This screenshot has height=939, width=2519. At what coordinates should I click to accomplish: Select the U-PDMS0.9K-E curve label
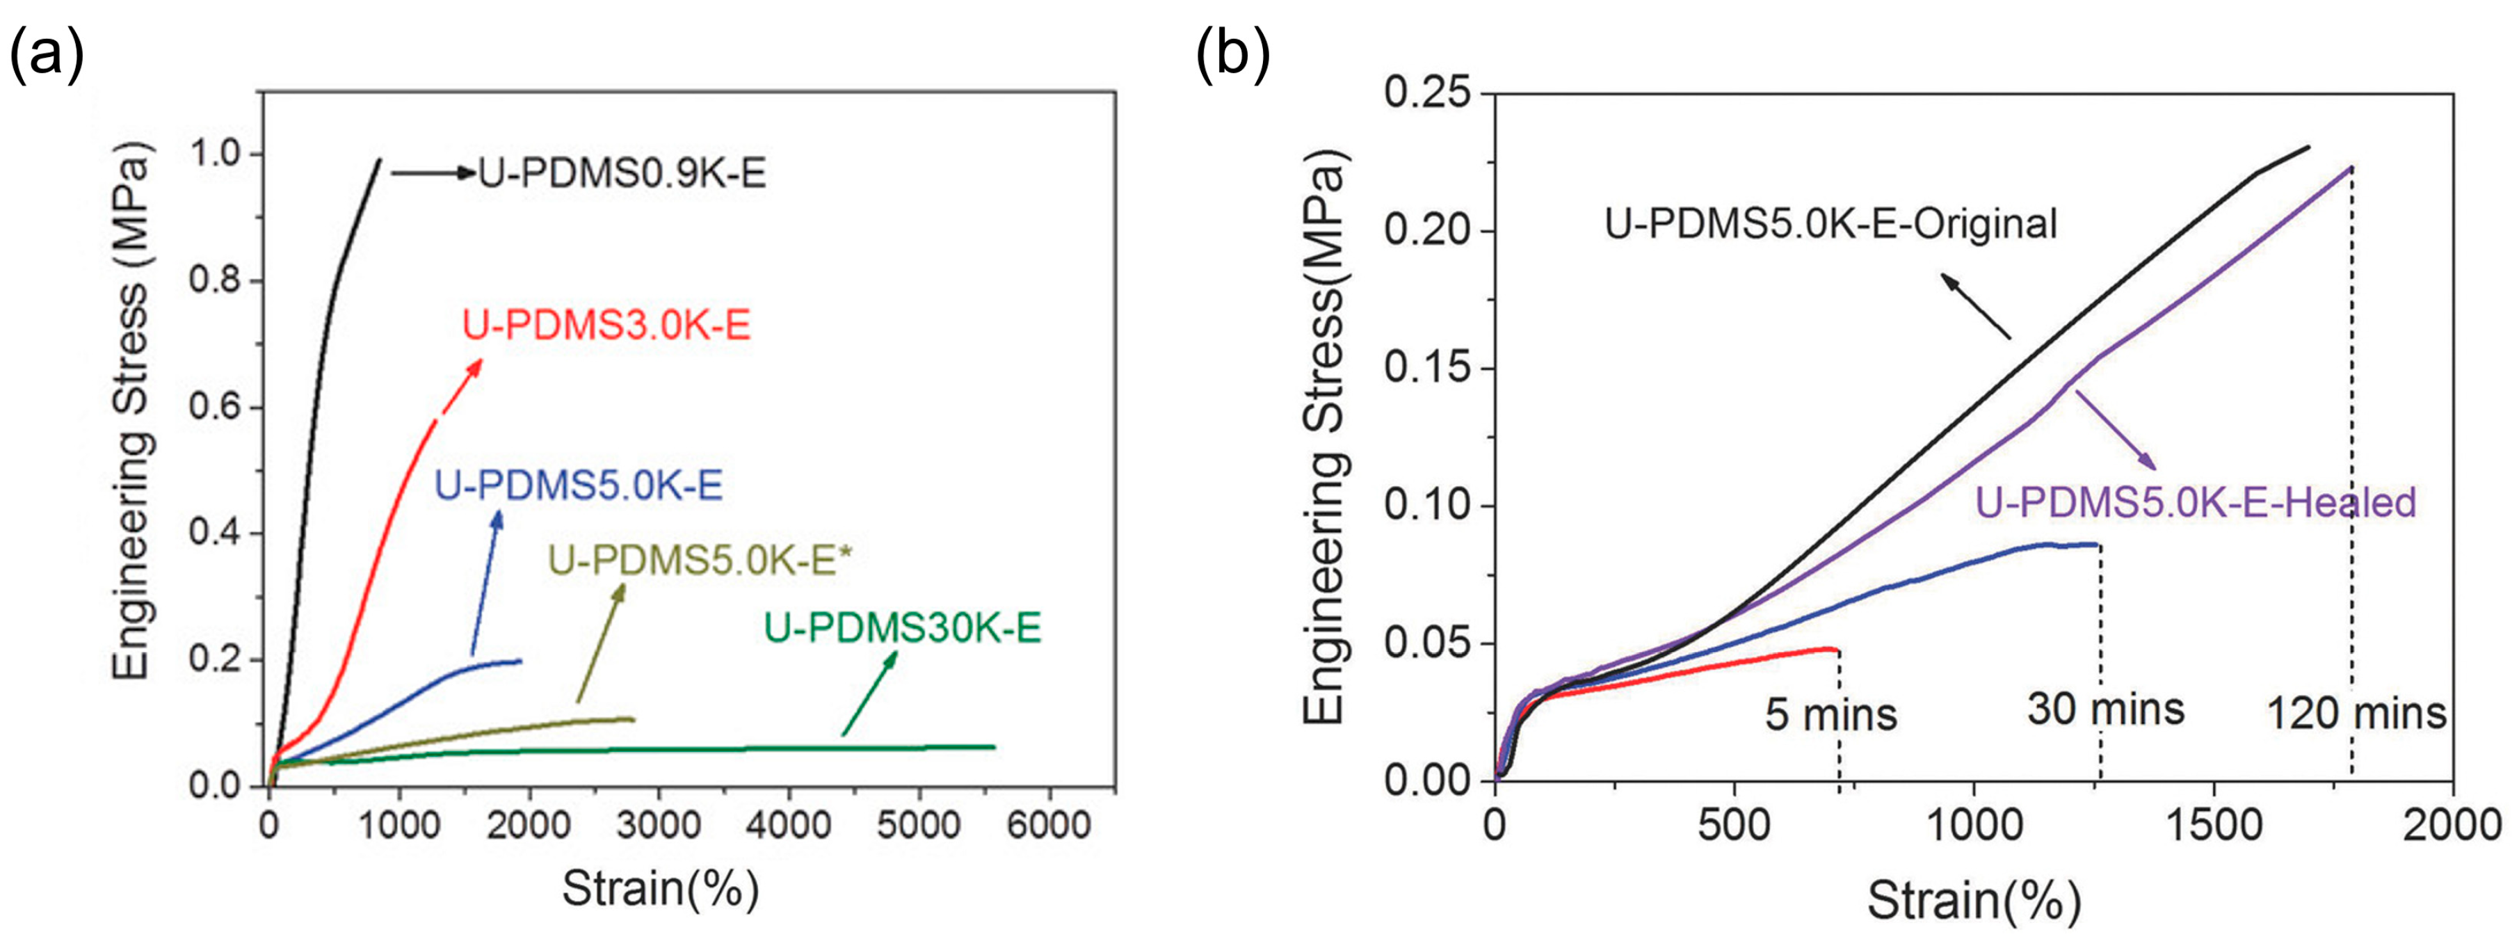622,174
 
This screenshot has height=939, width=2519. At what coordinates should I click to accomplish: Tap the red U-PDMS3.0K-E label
606,326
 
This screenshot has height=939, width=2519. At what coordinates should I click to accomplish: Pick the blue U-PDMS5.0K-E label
579,486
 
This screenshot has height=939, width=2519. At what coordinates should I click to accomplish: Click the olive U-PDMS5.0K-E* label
700,561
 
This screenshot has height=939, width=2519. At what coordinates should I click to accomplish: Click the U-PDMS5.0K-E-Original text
1830,224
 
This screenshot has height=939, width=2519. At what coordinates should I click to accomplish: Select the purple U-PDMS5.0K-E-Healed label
2196,503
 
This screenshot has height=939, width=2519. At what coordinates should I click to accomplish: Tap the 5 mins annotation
1830,715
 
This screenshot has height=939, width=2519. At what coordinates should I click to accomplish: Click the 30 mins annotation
2105,710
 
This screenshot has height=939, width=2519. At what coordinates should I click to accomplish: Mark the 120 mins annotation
2357,714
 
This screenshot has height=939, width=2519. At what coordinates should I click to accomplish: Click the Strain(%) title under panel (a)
660,889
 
